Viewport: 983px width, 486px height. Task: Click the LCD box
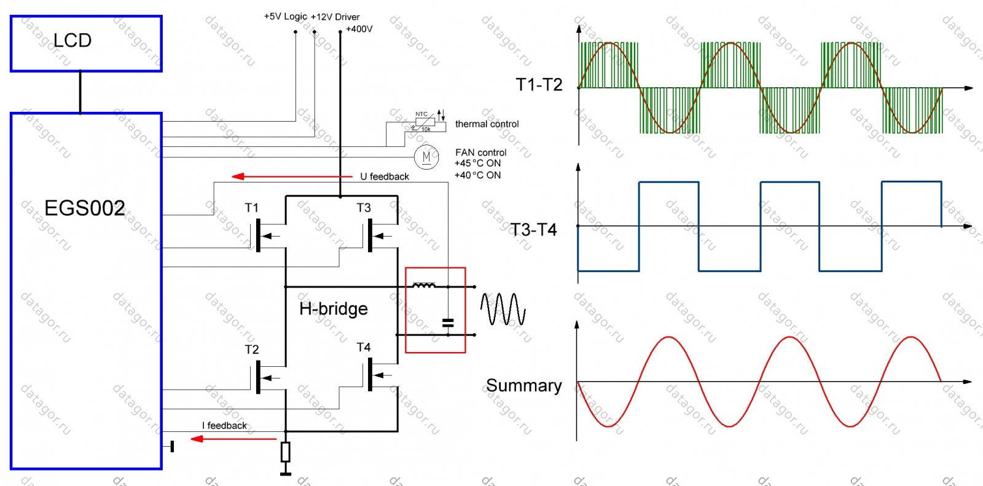[86, 44]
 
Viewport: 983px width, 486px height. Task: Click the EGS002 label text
[85, 208]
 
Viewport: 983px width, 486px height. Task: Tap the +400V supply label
[359, 29]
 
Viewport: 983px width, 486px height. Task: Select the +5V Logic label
[285, 16]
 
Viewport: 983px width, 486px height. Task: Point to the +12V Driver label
[335, 17]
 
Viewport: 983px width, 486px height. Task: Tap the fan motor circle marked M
[426, 157]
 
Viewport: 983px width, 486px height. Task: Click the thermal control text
[487, 124]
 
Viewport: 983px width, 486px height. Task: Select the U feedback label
[385, 176]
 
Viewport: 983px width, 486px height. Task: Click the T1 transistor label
[252, 208]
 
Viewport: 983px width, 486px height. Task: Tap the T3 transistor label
[364, 208]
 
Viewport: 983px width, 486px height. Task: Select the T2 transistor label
[252, 350]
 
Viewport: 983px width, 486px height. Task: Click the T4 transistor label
[364, 347]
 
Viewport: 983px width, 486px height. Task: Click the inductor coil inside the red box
[424, 285]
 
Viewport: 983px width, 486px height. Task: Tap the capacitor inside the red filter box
[448, 323]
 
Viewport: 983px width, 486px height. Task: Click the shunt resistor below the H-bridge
[285, 452]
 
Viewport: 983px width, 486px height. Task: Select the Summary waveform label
[523, 386]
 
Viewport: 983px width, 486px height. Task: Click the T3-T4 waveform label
[533, 230]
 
